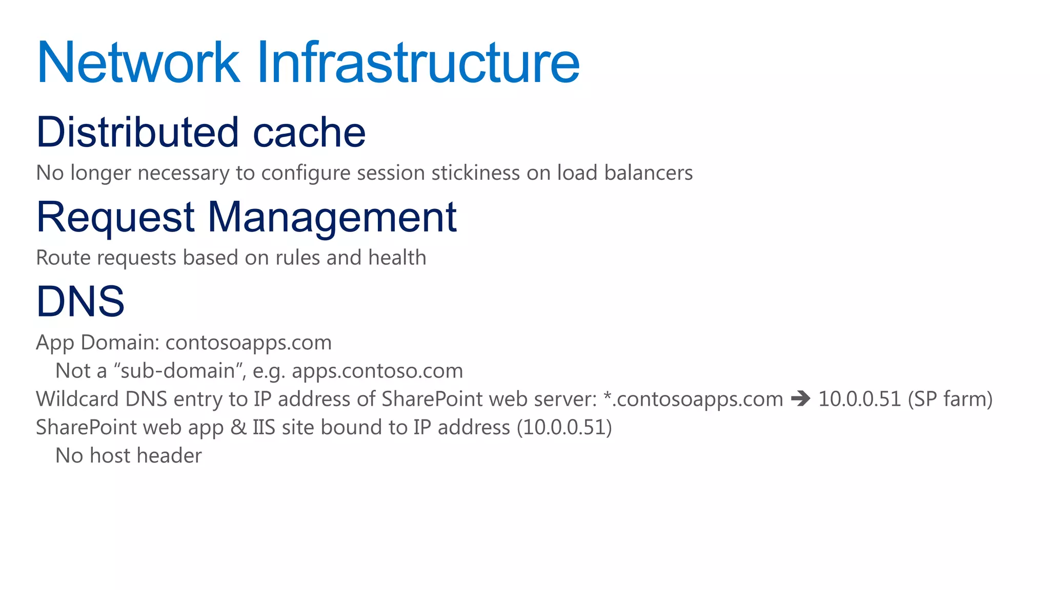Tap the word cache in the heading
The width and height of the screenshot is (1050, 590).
[x=309, y=132]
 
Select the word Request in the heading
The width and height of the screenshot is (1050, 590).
[x=115, y=217]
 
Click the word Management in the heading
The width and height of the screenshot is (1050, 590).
[x=332, y=217]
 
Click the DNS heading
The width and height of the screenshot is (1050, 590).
[x=80, y=301]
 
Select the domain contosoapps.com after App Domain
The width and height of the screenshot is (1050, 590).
[x=249, y=343]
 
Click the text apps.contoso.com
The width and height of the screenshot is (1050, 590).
[x=377, y=371]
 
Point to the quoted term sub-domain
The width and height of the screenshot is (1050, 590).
[x=177, y=371]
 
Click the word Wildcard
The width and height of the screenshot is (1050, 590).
[x=77, y=399]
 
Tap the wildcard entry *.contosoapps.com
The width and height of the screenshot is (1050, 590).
[x=693, y=399]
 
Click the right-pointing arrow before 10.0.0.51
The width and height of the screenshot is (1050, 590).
[x=800, y=398]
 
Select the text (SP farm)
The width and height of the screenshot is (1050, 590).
[x=950, y=399]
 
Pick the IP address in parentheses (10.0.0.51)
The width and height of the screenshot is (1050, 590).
[x=564, y=427]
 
